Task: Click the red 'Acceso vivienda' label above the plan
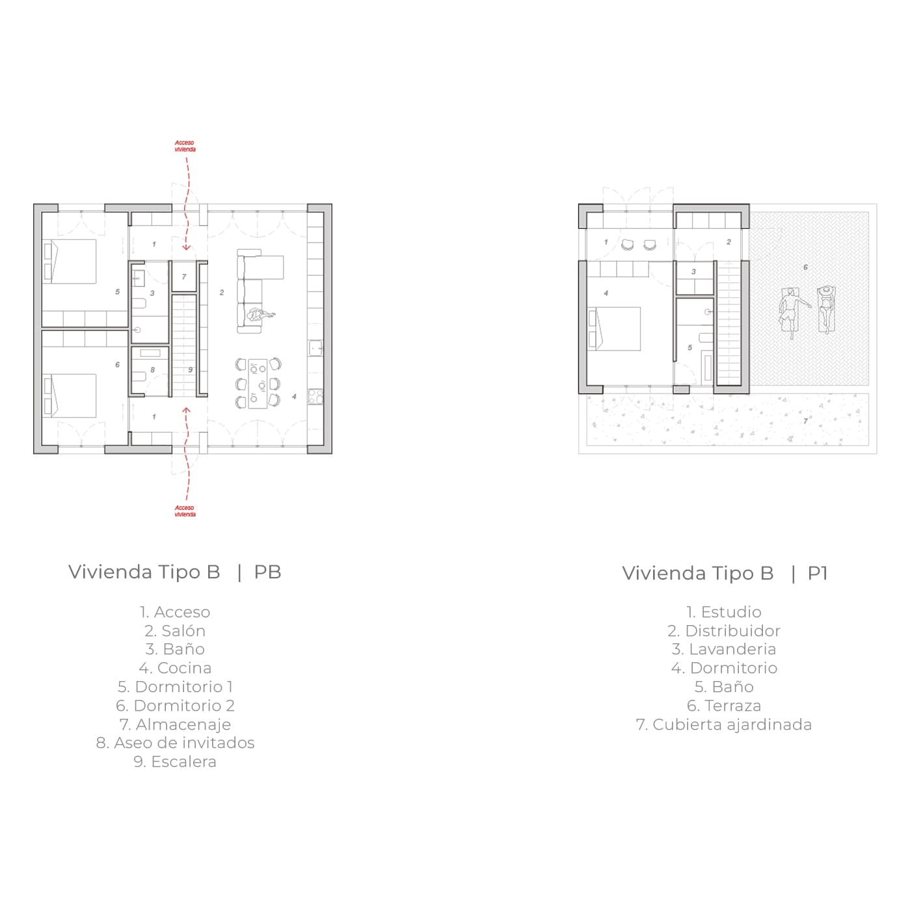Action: point(185,146)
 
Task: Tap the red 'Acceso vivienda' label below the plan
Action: point(185,511)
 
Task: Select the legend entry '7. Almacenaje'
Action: point(175,725)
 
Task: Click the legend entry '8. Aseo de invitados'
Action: point(175,743)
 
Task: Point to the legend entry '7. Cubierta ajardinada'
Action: point(724,725)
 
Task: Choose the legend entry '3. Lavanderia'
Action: point(724,649)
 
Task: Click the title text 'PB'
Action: point(268,572)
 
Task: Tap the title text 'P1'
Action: point(818,573)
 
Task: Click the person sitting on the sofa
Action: point(260,315)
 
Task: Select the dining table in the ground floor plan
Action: point(258,384)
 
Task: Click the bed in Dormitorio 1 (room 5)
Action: point(70,261)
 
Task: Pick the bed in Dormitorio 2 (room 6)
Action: point(70,395)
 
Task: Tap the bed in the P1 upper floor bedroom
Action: point(614,328)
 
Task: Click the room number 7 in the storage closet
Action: point(184,276)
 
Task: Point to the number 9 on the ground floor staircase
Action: point(191,369)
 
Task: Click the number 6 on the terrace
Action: point(806,267)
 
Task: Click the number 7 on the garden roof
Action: point(806,421)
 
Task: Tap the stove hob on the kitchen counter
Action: point(315,397)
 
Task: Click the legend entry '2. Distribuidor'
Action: point(724,631)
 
